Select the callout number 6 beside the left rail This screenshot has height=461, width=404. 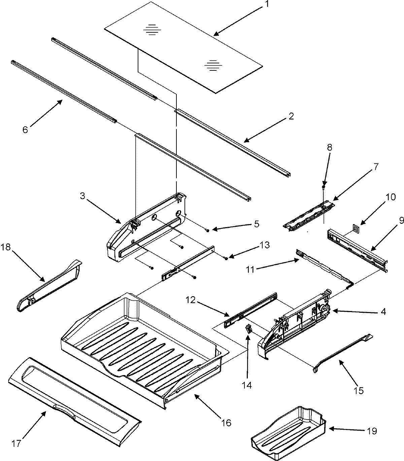(26, 130)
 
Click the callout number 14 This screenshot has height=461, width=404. (247, 385)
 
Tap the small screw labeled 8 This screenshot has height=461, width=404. (324, 186)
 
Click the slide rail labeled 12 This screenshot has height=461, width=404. (251, 307)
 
